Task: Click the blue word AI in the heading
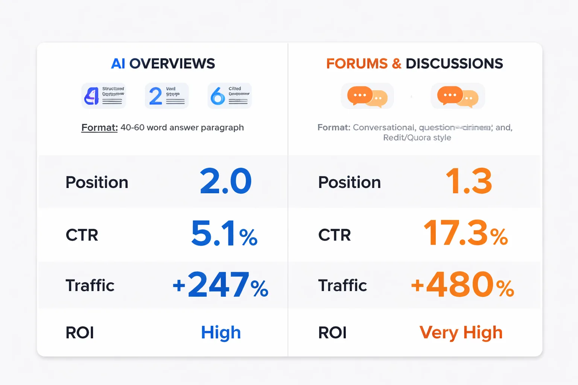pyautogui.click(x=118, y=64)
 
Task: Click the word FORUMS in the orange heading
pyautogui.click(x=357, y=64)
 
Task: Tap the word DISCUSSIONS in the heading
pyautogui.click(x=454, y=64)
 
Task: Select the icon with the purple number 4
pyautogui.click(x=103, y=96)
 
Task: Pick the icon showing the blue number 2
pyautogui.click(x=167, y=96)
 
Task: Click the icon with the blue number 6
pyautogui.click(x=230, y=96)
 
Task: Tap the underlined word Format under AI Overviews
pyautogui.click(x=99, y=128)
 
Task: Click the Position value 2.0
pyautogui.click(x=225, y=181)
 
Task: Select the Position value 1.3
pyautogui.click(x=469, y=181)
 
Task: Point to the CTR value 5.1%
pyautogui.click(x=224, y=234)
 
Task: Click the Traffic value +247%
pyautogui.click(x=221, y=285)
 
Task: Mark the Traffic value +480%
pyautogui.click(x=462, y=285)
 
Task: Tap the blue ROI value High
pyautogui.click(x=221, y=333)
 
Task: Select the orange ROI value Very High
pyautogui.click(x=461, y=333)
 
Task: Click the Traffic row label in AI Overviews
pyautogui.click(x=90, y=286)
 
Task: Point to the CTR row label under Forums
pyautogui.click(x=335, y=235)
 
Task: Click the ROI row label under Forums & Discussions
pyautogui.click(x=332, y=333)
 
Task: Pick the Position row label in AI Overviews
pyautogui.click(x=97, y=182)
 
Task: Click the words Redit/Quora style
pyautogui.click(x=417, y=138)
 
